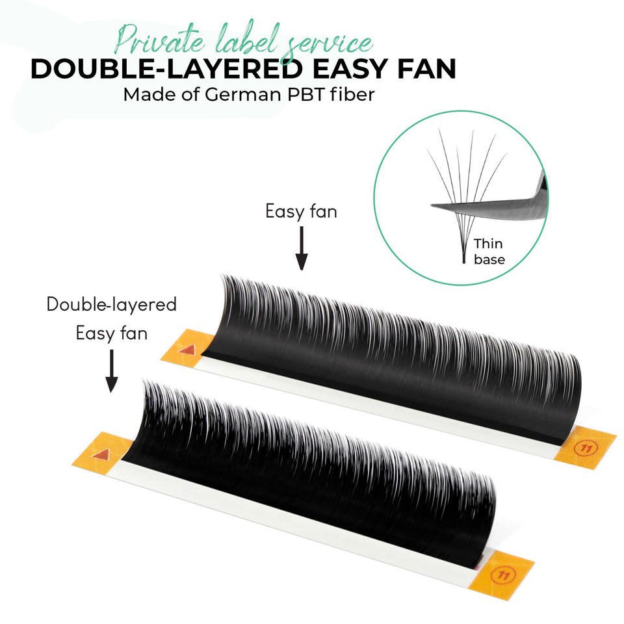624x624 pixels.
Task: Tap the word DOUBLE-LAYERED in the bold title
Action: tap(151, 69)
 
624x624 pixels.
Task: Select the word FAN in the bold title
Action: tap(424, 69)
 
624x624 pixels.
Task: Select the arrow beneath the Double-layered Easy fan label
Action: tap(112, 370)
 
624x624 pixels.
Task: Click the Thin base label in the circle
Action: tap(488, 252)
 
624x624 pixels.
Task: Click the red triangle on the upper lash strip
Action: tap(187, 350)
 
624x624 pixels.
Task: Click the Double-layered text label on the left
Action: tap(112, 304)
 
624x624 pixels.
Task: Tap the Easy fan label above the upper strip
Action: tap(301, 211)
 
